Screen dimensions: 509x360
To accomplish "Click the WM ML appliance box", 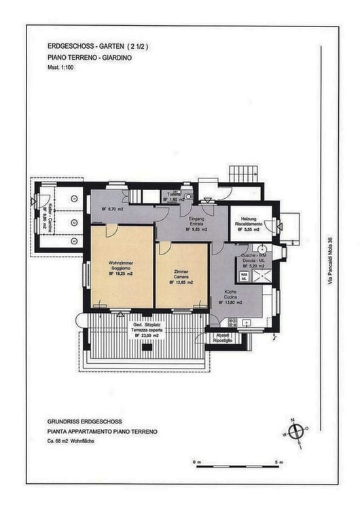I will click(x=244, y=274).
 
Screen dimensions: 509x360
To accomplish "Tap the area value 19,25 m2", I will click(x=122, y=273).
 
